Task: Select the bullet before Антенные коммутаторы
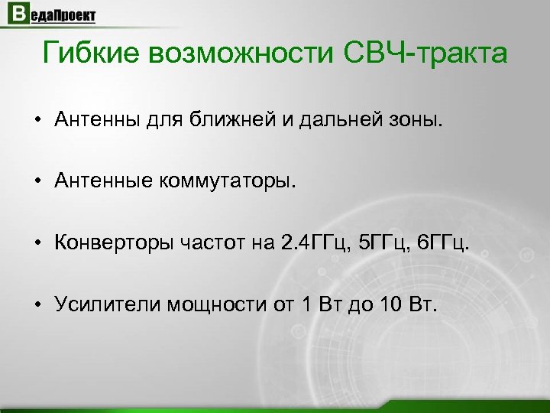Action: point(37,182)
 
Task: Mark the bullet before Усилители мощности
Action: point(37,307)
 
